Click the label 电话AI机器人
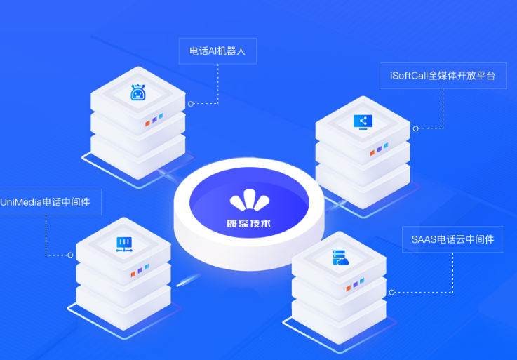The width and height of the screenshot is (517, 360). coord(217,51)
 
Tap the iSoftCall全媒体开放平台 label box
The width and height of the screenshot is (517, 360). coord(443,76)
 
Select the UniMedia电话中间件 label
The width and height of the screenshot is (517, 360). coord(45,202)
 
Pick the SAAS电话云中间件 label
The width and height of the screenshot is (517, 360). coord(453,239)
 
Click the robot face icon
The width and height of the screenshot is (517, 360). coord(137,93)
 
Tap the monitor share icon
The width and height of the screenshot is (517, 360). coord(363,122)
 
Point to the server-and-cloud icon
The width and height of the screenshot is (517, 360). coord(341,258)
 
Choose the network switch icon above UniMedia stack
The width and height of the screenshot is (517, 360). coord(124,244)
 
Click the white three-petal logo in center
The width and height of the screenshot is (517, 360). coord(250,200)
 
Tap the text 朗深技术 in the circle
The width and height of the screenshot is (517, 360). coord(249,223)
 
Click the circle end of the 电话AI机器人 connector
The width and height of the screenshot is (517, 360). coord(191,104)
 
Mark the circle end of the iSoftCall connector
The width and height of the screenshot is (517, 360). coord(416,128)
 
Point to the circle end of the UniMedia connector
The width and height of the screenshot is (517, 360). coord(70,255)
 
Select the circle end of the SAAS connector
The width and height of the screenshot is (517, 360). coord(391,293)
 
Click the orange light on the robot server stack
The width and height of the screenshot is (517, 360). coord(148,124)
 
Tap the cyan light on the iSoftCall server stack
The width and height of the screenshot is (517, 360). coord(386,145)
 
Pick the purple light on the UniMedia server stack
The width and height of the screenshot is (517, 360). coord(140,271)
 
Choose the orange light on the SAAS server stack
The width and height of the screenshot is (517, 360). coord(348,288)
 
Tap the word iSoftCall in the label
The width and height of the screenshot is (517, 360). coord(409,76)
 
